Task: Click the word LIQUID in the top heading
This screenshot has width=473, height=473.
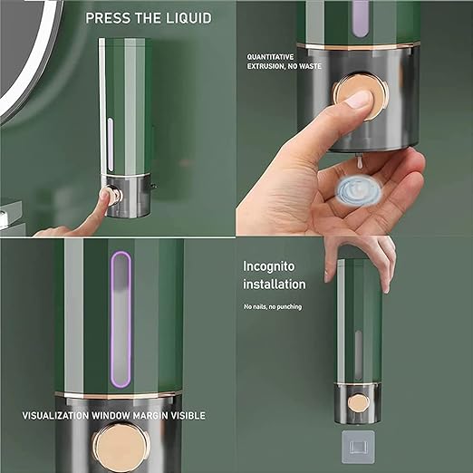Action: click(x=189, y=18)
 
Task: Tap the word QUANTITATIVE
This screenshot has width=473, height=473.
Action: click(x=270, y=57)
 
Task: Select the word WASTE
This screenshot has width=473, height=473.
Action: click(x=310, y=66)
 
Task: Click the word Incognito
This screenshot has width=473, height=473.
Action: click(x=269, y=266)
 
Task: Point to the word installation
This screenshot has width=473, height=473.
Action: click(x=275, y=285)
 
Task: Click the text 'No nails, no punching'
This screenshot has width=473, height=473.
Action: click(x=273, y=307)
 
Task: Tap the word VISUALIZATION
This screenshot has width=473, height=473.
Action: click(x=55, y=416)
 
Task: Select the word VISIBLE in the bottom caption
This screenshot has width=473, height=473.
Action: click(x=188, y=416)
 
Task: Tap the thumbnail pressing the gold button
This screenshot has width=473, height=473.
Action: click(x=359, y=99)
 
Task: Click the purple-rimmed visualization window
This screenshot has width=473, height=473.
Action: click(x=121, y=320)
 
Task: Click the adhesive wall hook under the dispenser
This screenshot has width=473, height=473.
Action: click(x=358, y=448)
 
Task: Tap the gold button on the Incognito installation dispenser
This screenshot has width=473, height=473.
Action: click(x=359, y=403)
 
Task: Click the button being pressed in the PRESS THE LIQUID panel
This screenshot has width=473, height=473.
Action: click(x=114, y=196)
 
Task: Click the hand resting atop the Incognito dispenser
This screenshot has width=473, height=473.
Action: click(x=362, y=260)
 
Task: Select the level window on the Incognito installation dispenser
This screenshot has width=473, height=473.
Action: click(x=358, y=354)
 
